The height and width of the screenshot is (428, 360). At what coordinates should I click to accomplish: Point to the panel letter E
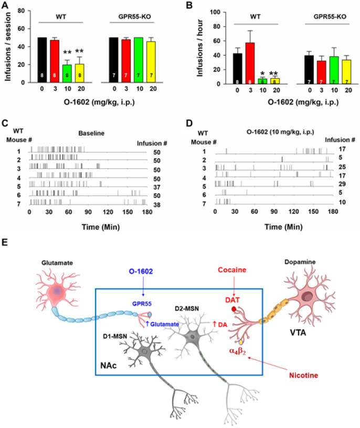5,243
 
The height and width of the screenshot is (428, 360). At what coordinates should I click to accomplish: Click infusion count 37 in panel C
156,186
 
